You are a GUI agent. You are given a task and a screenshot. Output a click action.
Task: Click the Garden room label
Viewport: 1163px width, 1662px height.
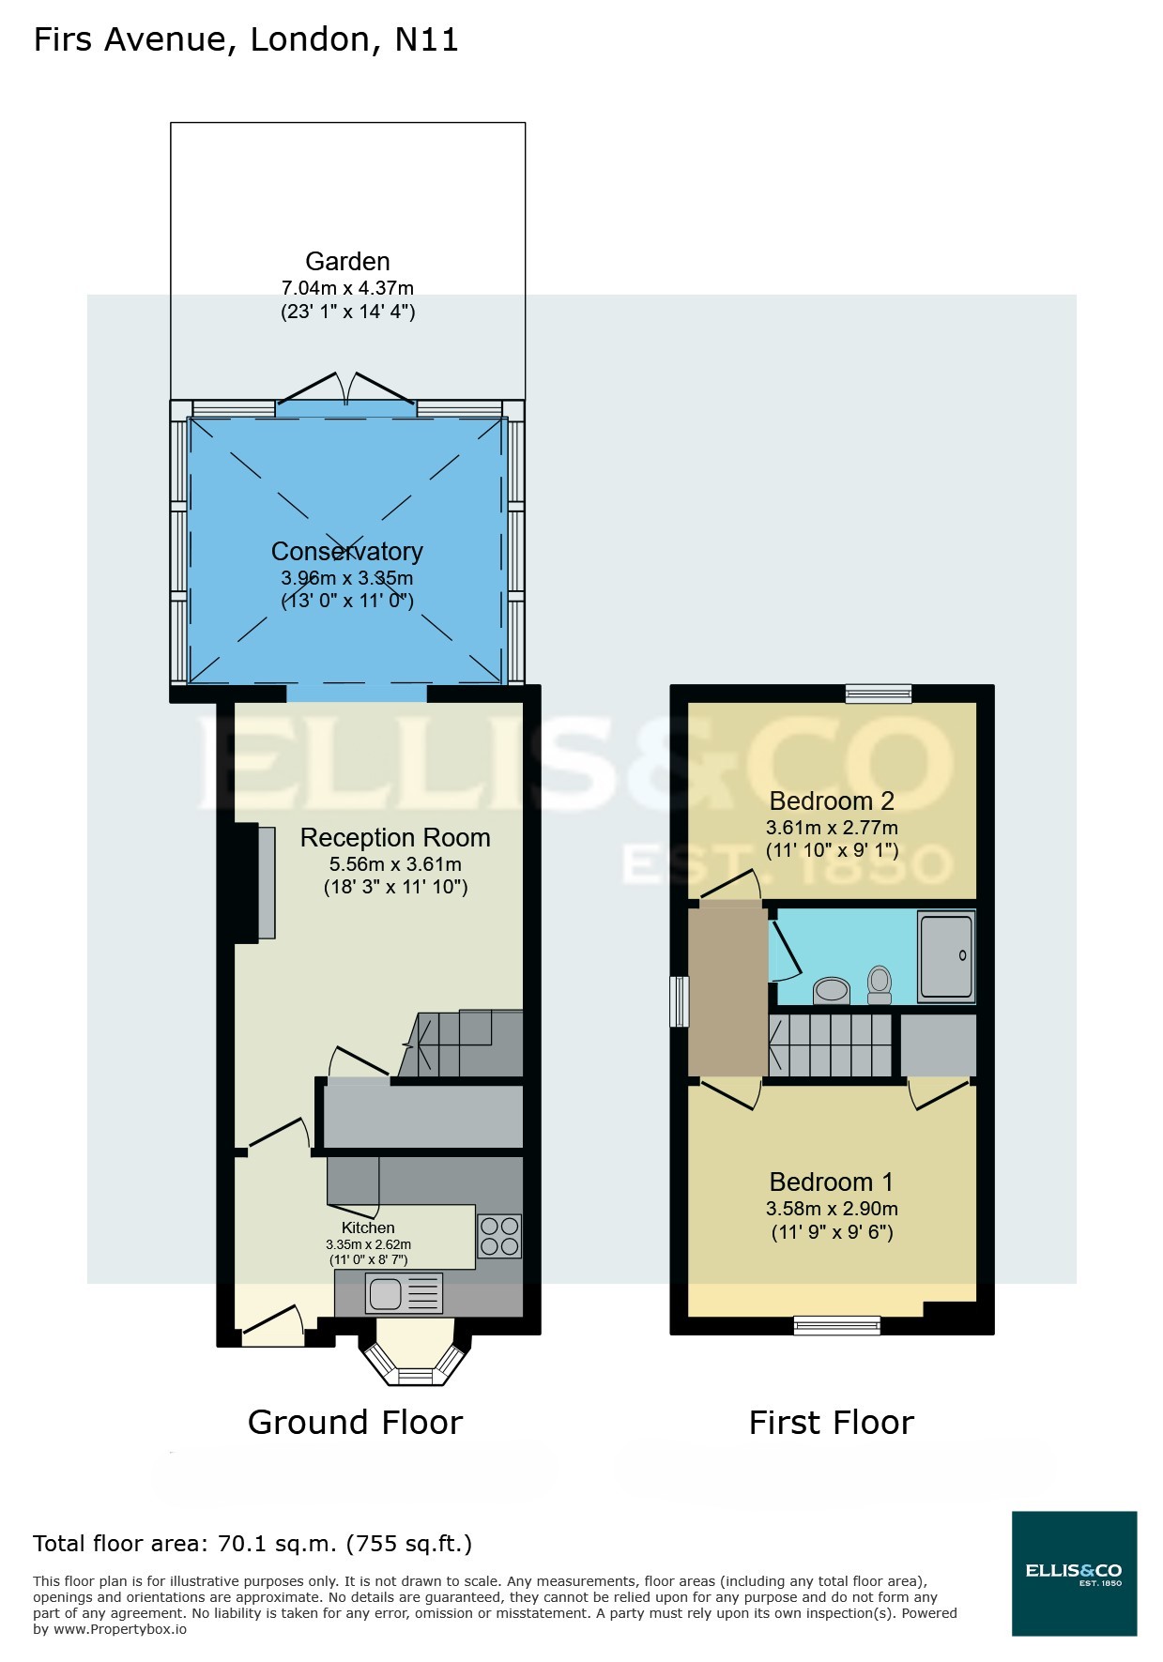click(347, 262)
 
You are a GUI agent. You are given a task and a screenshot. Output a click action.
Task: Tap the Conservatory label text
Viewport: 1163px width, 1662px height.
click(347, 552)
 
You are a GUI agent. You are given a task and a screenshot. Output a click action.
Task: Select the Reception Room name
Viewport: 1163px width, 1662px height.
click(395, 838)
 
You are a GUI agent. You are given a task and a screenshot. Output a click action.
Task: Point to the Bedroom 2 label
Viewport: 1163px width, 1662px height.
click(832, 801)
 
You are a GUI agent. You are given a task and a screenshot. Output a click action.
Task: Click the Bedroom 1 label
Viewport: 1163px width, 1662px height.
click(832, 1182)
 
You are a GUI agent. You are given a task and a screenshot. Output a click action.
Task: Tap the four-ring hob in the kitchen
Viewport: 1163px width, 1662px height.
click(499, 1236)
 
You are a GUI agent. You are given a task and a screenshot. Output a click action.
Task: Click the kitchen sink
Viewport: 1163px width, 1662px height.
click(386, 1294)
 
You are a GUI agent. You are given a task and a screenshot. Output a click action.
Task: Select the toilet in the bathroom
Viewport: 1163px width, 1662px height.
click(880, 984)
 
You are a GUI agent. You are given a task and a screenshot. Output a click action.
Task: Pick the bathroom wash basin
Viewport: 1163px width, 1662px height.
click(832, 990)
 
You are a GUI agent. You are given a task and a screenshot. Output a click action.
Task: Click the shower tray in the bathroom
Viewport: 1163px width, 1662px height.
click(946, 956)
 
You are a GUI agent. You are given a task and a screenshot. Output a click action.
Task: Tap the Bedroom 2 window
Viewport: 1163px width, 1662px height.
click(879, 694)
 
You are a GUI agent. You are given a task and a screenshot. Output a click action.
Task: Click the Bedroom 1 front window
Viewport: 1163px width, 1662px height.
click(836, 1325)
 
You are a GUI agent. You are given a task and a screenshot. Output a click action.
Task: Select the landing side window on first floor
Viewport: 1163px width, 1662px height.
click(679, 1001)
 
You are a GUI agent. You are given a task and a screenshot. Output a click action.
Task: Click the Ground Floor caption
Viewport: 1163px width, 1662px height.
click(355, 1423)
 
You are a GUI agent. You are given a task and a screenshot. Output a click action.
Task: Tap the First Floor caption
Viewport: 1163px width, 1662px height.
click(831, 1423)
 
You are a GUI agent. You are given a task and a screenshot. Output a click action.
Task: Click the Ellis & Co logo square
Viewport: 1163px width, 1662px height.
click(1074, 1574)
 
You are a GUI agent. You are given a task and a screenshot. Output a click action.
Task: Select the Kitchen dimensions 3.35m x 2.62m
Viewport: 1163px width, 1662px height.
click(368, 1245)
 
